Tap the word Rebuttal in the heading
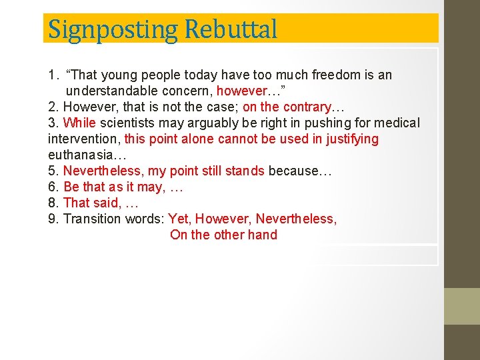tap(231, 29)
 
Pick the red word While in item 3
tap(80, 123)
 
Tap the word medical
tap(397, 123)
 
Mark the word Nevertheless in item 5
tap(101, 171)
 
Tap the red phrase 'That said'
tap(90, 203)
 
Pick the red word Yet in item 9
tap(179, 219)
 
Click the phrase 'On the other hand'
tap(223, 235)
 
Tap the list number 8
tap(53, 203)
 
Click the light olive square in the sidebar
tap(462, 306)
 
